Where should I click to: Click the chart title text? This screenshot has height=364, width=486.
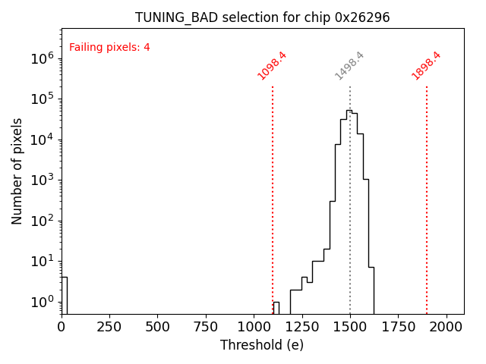262,17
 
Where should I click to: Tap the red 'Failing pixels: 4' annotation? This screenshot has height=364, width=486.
109,48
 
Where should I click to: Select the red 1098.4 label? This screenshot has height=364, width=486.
272,65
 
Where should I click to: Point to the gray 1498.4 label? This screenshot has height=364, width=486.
350,65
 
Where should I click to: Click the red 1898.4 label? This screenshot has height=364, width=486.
427,65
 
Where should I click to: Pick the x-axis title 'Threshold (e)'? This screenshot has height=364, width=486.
262,345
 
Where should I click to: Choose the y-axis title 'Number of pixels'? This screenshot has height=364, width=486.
17,171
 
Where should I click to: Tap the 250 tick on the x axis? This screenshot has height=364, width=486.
109,327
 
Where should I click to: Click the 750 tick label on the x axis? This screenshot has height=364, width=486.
206,327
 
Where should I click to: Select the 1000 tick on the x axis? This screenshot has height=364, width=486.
254,327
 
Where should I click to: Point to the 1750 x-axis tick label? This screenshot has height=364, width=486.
398,327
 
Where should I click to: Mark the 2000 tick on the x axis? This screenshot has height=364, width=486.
447,327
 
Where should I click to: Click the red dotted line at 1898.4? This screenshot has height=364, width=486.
427,197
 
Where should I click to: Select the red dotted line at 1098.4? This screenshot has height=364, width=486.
273,197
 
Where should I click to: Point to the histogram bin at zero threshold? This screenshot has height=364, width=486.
64,296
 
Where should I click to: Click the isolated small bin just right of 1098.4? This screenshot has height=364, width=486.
276,308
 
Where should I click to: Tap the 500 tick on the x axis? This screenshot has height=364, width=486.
157,327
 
